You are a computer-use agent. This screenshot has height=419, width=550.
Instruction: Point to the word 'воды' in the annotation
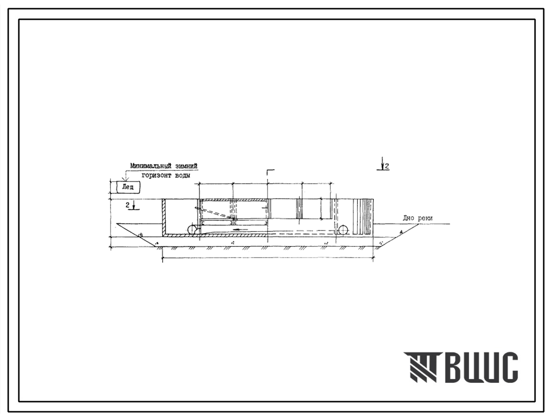pos(182,175)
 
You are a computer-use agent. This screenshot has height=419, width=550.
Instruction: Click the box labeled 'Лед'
pos(127,187)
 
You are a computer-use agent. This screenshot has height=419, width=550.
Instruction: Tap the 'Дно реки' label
pos(418,218)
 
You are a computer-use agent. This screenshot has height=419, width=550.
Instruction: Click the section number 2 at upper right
pos(387,166)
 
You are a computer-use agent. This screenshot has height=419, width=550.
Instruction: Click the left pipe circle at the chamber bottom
pos(193,230)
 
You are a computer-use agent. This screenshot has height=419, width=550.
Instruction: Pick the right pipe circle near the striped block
pos(342,230)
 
